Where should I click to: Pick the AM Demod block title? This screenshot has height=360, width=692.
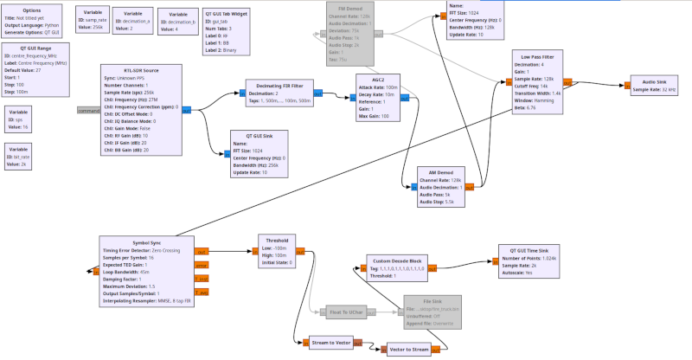pos(440,172)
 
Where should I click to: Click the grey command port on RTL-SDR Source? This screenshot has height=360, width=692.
pos(89,111)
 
